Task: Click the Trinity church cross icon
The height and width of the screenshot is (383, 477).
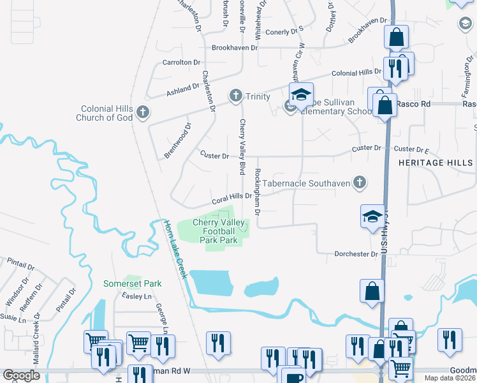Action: point(235,96)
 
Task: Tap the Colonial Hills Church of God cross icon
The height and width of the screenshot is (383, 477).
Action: point(142,113)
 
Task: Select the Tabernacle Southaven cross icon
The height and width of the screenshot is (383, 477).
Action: point(360,183)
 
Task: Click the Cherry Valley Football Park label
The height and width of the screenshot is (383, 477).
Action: point(219,232)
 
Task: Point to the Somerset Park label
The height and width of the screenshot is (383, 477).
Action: point(133,283)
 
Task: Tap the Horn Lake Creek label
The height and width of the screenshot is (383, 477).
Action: point(175,249)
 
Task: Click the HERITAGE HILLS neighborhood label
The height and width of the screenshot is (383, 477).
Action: point(436,163)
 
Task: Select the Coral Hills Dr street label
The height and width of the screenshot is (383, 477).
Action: point(232,198)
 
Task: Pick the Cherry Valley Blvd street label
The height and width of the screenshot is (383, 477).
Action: point(242,147)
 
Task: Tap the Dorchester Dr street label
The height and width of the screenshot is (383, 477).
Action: point(356,254)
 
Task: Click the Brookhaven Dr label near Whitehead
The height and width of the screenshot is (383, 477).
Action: point(235,47)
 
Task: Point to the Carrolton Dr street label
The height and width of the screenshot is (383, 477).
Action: point(181,63)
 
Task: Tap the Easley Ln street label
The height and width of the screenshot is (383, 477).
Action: point(138,297)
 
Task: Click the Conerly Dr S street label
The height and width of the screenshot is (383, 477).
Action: point(284,31)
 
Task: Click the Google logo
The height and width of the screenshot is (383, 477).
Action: point(21,375)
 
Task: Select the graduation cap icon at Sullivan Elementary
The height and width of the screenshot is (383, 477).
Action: point(301,95)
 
